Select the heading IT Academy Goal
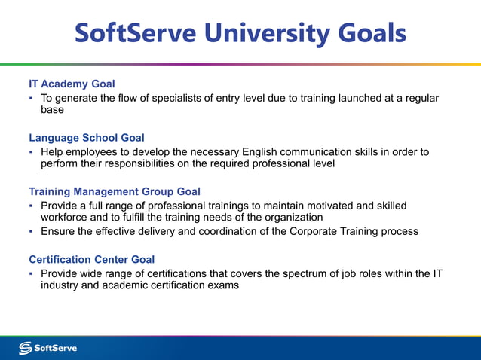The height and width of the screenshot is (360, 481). coord(72,84)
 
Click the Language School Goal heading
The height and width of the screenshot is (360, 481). coord(87,138)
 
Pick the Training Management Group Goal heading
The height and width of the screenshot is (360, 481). coord(115,191)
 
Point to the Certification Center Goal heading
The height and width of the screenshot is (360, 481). coord(91,259)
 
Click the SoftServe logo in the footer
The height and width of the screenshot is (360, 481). coord(47,348)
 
